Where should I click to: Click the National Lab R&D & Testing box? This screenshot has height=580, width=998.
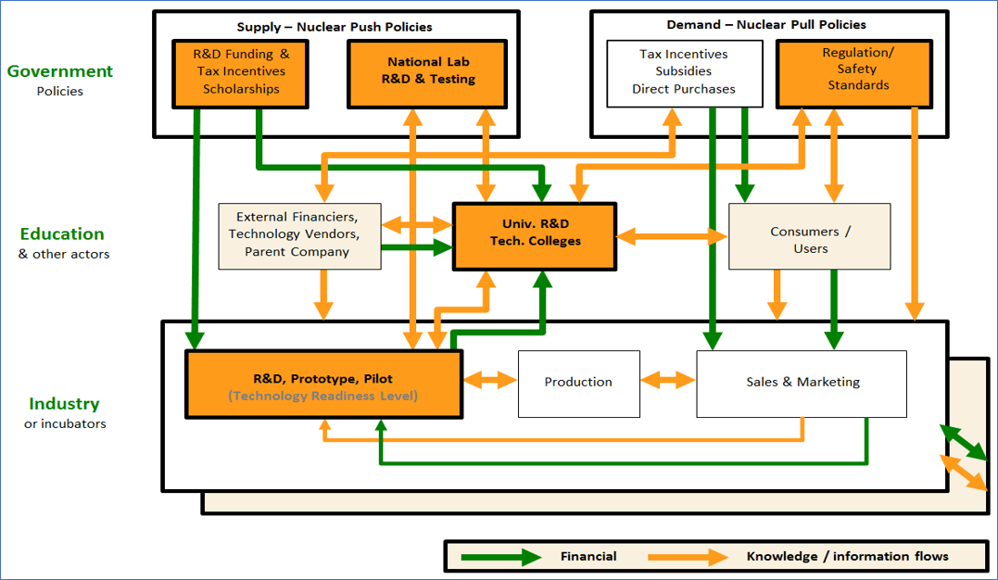[x=427, y=72]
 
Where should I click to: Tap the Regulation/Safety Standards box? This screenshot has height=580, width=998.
[x=855, y=71]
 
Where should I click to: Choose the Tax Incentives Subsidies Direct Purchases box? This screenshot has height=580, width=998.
[x=684, y=72]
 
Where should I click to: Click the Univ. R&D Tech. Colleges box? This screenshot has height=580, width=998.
[x=535, y=236]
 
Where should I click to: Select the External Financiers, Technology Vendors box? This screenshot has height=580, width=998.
[x=299, y=236]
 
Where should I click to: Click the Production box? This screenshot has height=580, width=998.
[x=578, y=382]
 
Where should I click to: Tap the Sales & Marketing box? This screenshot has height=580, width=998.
[x=802, y=383]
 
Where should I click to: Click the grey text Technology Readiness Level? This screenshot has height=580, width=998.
[x=323, y=396]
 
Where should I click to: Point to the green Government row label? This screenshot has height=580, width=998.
[x=60, y=71]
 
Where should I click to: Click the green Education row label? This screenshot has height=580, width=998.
[x=63, y=234]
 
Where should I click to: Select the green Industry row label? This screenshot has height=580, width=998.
[x=64, y=404]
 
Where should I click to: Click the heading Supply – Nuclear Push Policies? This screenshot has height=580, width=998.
[x=335, y=27]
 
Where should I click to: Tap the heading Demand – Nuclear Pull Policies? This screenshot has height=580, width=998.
[x=766, y=25]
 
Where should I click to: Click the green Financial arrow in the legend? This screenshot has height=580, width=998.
[x=504, y=557]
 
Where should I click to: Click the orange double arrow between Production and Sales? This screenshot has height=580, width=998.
[x=668, y=381]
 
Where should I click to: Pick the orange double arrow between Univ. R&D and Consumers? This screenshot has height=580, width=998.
[x=672, y=237]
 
